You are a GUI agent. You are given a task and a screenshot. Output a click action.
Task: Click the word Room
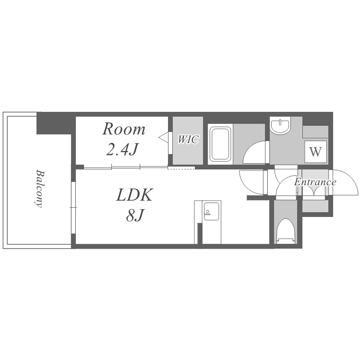[x=123, y=129]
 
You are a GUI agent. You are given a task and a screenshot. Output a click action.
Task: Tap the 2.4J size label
[x=122, y=149]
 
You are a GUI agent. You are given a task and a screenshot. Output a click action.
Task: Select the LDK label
[x=134, y=195]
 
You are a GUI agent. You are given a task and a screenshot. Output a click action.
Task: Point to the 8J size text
[x=135, y=216]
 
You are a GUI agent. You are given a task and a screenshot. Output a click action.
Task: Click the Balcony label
[x=39, y=189]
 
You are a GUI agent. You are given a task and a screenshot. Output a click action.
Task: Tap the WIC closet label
[x=188, y=139]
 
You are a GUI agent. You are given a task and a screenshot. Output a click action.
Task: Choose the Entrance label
[x=315, y=182]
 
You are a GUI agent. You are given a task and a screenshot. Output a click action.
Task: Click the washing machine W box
[x=315, y=152]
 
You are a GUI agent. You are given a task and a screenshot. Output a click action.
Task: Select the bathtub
[x=220, y=144]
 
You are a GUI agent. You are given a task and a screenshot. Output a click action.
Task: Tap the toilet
[x=286, y=231]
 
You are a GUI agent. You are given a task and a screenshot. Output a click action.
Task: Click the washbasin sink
[x=280, y=125]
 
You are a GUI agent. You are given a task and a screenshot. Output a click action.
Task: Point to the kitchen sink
[x=212, y=211]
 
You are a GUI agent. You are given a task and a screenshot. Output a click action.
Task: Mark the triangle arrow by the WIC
[x=164, y=138]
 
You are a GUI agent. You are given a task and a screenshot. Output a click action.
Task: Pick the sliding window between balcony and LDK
[x=73, y=208]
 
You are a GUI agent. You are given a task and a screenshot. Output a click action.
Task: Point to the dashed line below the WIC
[x=181, y=168]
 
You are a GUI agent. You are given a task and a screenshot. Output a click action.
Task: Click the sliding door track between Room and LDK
[x=126, y=167]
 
